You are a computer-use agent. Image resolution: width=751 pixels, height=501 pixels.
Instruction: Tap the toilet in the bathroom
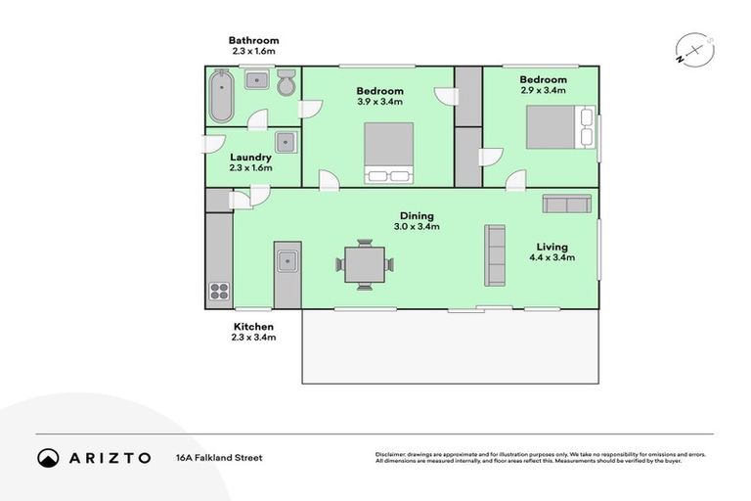click(287, 84)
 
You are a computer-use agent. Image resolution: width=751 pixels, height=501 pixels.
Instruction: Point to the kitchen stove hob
click(218, 290)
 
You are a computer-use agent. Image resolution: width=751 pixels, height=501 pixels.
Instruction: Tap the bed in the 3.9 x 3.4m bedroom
click(389, 153)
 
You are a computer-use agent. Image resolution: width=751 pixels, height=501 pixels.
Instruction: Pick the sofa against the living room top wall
click(567, 203)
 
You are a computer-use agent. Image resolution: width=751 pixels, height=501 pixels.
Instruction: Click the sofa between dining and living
click(495, 255)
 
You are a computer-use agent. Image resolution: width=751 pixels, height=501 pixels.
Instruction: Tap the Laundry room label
click(250, 158)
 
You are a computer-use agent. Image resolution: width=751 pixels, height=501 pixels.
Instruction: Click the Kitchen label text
click(253, 327)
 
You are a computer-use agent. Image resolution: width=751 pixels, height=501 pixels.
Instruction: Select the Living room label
click(552, 247)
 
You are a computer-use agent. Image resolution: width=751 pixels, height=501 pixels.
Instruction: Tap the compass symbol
click(689, 49)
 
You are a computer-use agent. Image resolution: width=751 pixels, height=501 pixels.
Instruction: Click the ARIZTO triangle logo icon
click(48, 457)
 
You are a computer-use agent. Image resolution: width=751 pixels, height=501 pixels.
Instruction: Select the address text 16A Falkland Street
click(219, 457)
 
